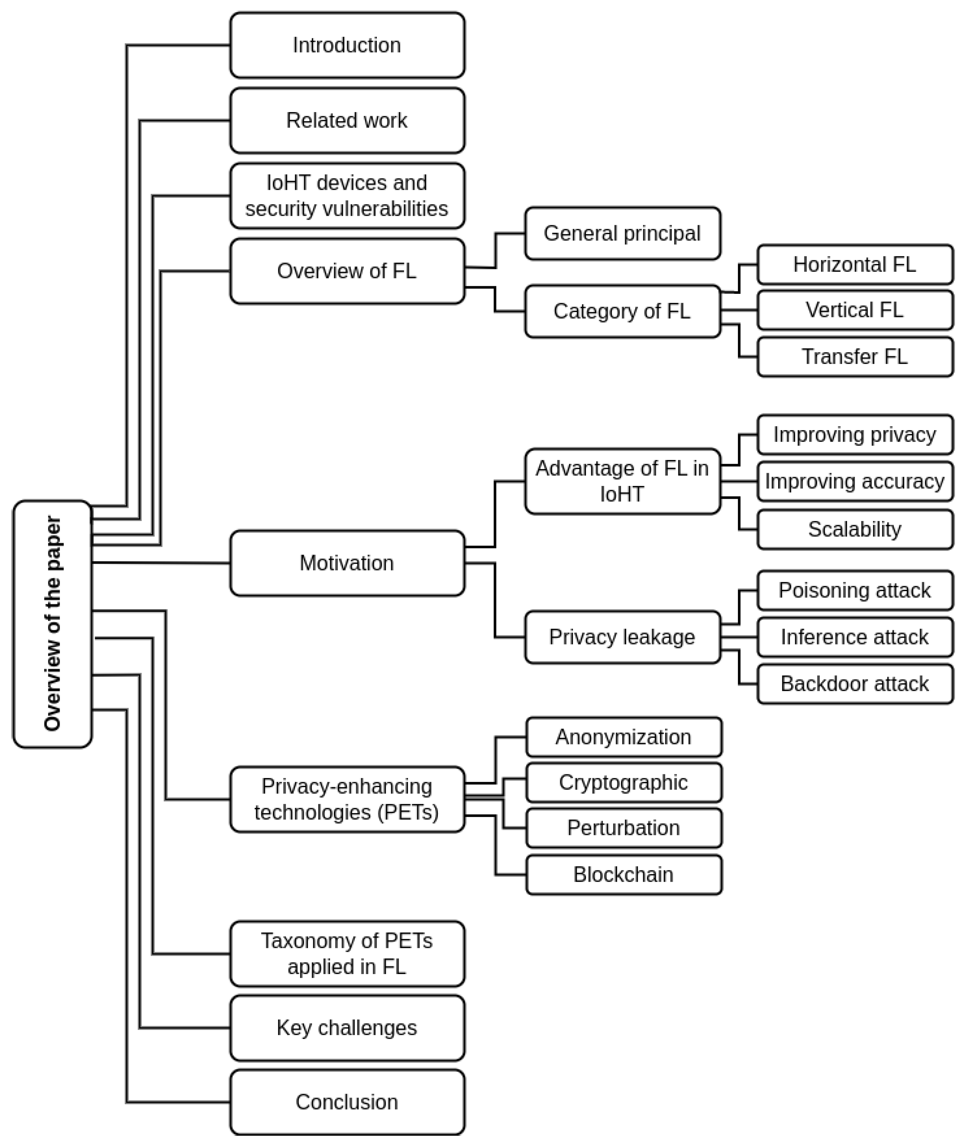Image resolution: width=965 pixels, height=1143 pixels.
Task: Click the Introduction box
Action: click(x=347, y=45)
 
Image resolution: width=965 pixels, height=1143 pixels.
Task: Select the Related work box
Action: click(x=347, y=120)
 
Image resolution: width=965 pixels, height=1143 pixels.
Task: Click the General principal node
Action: click(x=622, y=233)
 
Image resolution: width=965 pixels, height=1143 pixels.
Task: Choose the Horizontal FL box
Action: click(x=855, y=265)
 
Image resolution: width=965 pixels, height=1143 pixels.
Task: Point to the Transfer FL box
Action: click(x=855, y=356)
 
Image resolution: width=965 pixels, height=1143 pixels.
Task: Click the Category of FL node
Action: click(x=622, y=311)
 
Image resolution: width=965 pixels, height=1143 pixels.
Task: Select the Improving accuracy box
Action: click(x=855, y=481)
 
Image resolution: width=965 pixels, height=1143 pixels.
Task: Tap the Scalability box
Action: click(x=855, y=529)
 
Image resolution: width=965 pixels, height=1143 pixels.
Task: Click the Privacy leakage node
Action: click(x=622, y=637)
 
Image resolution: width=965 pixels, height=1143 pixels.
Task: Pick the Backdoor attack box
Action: click(x=855, y=684)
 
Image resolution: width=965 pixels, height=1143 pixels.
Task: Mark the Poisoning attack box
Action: click(x=855, y=590)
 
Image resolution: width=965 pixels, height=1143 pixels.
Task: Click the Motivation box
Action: click(x=347, y=563)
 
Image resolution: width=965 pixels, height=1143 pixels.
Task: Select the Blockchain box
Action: click(x=624, y=875)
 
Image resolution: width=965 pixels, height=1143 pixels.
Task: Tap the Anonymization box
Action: click(x=624, y=737)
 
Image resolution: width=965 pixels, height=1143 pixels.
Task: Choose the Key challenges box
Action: click(x=347, y=1028)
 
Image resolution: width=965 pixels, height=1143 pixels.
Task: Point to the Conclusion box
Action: click(x=347, y=1102)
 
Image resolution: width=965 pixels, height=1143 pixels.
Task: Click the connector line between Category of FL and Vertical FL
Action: click(x=739, y=310)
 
